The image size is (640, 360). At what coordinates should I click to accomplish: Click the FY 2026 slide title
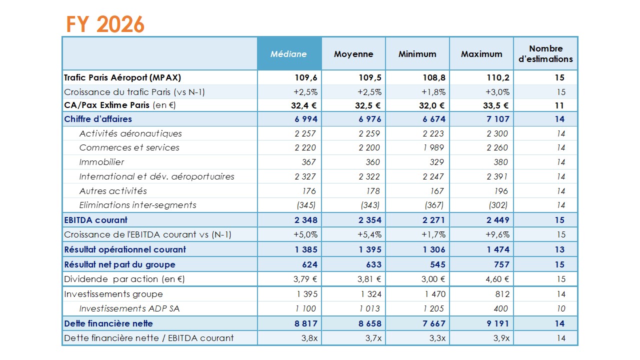pyautogui.click(x=105, y=24)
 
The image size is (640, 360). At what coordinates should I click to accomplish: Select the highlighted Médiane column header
pyautogui.click(x=288, y=54)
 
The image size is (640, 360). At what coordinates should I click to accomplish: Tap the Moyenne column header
pyautogui.click(x=353, y=54)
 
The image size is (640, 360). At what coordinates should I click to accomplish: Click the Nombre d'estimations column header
pyautogui.click(x=545, y=54)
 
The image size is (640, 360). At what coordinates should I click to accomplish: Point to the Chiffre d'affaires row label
pyautogui.click(x=98, y=119)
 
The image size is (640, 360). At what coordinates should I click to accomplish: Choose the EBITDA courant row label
pyautogui.click(x=95, y=220)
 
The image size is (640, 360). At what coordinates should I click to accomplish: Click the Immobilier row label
pyautogui.click(x=101, y=162)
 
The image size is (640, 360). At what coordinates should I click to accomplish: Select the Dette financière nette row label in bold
pyautogui.click(x=108, y=323)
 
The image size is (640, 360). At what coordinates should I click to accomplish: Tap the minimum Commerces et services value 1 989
pyautogui.click(x=434, y=147)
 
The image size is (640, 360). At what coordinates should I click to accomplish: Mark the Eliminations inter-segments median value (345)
pyautogui.click(x=306, y=205)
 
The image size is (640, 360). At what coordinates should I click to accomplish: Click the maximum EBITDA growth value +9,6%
pyautogui.click(x=497, y=234)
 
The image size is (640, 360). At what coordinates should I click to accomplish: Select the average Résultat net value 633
pyautogui.click(x=373, y=264)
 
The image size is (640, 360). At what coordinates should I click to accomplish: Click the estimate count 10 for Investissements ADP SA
pyautogui.click(x=560, y=308)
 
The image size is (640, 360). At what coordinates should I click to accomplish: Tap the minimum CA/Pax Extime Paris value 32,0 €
pyautogui.click(x=431, y=105)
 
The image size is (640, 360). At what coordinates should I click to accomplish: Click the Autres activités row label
pyautogui.click(x=113, y=191)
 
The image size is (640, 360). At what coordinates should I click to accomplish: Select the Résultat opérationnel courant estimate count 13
pyautogui.click(x=560, y=249)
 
